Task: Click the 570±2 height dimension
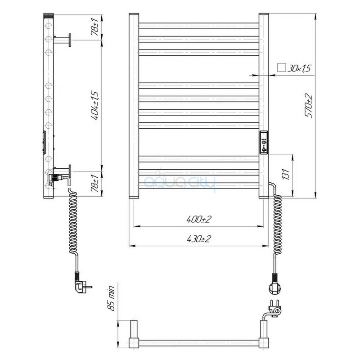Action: point(309,106)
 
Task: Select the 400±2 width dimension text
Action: point(198,219)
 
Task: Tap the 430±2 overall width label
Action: point(198,239)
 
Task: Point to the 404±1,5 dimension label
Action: point(95,106)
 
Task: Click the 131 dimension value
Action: point(285,174)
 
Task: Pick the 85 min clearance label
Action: point(111,298)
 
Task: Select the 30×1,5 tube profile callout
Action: point(299,68)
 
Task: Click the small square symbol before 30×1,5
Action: point(282,68)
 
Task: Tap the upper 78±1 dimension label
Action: point(95,27)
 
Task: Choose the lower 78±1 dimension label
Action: point(95,183)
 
